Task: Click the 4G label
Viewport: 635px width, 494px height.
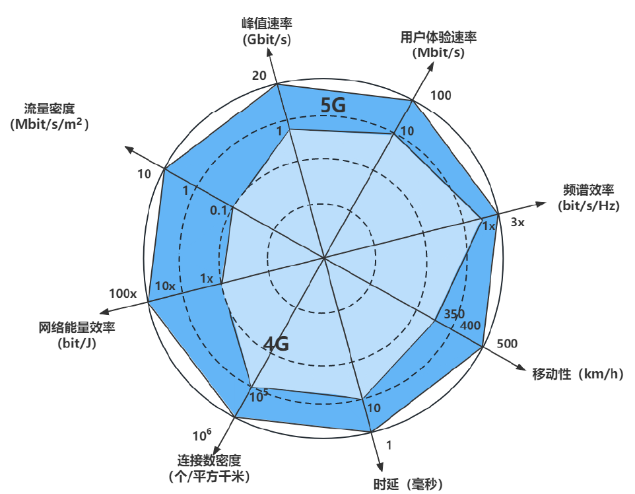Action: tap(277, 343)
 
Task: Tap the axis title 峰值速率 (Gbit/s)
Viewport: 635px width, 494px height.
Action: tap(267, 32)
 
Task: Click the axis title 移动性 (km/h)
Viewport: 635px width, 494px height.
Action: tap(578, 374)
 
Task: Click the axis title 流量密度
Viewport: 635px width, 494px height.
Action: tap(50, 116)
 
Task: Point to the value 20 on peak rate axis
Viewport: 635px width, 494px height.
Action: tap(259, 75)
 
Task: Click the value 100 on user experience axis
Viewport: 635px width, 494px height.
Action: tap(441, 95)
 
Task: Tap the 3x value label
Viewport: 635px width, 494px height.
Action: tap(518, 222)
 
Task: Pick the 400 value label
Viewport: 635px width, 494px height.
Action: tap(471, 325)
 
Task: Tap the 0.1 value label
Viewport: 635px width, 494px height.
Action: tap(218, 210)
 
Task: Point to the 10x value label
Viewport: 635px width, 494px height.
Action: tap(165, 286)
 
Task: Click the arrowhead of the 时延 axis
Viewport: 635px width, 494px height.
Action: tap(380, 464)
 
